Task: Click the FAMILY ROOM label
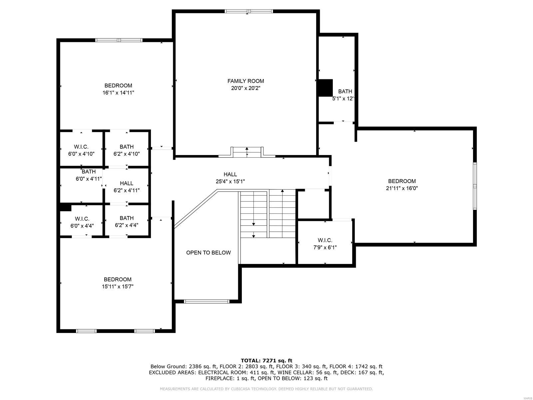pyautogui.click(x=246, y=81)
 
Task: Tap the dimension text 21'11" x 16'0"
pyautogui.click(x=402, y=188)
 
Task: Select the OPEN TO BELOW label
pyautogui.click(x=208, y=253)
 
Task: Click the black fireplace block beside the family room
pyautogui.click(x=325, y=88)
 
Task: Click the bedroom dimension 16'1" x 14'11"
pyautogui.click(x=118, y=93)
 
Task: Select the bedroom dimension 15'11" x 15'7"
pyautogui.click(x=118, y=286)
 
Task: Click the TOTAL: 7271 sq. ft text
pyautogui.click(x=266, y=360)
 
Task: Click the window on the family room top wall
pyautogui.click(x=249, y=11)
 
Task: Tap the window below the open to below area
pyautogui.click(x=207, y=301)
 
